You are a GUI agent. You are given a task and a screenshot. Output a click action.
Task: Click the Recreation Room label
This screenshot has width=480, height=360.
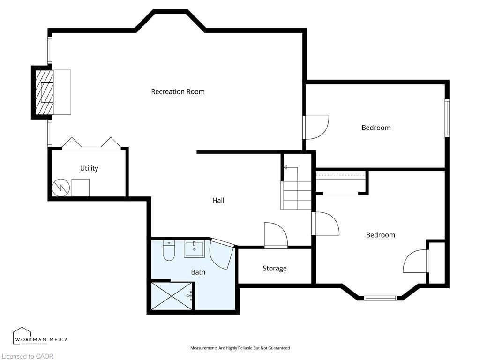click(178, 92)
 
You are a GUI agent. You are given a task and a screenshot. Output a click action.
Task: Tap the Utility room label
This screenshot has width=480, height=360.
click(89, 168)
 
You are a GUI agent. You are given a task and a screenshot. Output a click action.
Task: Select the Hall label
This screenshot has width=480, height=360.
click(218, 201)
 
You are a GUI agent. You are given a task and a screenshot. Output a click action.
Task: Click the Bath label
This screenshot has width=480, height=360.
click(198, 272)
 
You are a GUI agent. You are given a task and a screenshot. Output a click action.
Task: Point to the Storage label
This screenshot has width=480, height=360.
click(274, 269)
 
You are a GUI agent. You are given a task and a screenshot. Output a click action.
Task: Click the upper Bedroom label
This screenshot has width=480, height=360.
click(376, 127)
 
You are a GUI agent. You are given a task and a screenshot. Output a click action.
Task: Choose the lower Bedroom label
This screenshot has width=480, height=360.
click(380, 235)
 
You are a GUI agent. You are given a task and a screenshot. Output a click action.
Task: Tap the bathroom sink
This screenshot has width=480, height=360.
click(194, 249)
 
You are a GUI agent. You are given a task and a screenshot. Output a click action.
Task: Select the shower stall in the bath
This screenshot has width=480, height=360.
click(172, 296)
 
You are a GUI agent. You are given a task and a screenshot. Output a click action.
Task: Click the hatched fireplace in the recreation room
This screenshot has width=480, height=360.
click(45, 92)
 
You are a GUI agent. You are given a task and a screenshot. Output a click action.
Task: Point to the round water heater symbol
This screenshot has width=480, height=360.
click(60, 188)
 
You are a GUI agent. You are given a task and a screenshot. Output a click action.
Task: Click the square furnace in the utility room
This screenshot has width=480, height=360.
click(80, 188)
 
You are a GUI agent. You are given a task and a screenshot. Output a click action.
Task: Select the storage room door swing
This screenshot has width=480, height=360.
click(275, 234)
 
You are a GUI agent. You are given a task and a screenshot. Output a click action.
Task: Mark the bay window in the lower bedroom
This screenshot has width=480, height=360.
click(381, 297)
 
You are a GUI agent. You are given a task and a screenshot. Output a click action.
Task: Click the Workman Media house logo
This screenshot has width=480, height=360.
click(22, 336)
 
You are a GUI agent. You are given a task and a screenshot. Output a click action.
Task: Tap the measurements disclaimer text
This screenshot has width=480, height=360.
click(240, 348)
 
